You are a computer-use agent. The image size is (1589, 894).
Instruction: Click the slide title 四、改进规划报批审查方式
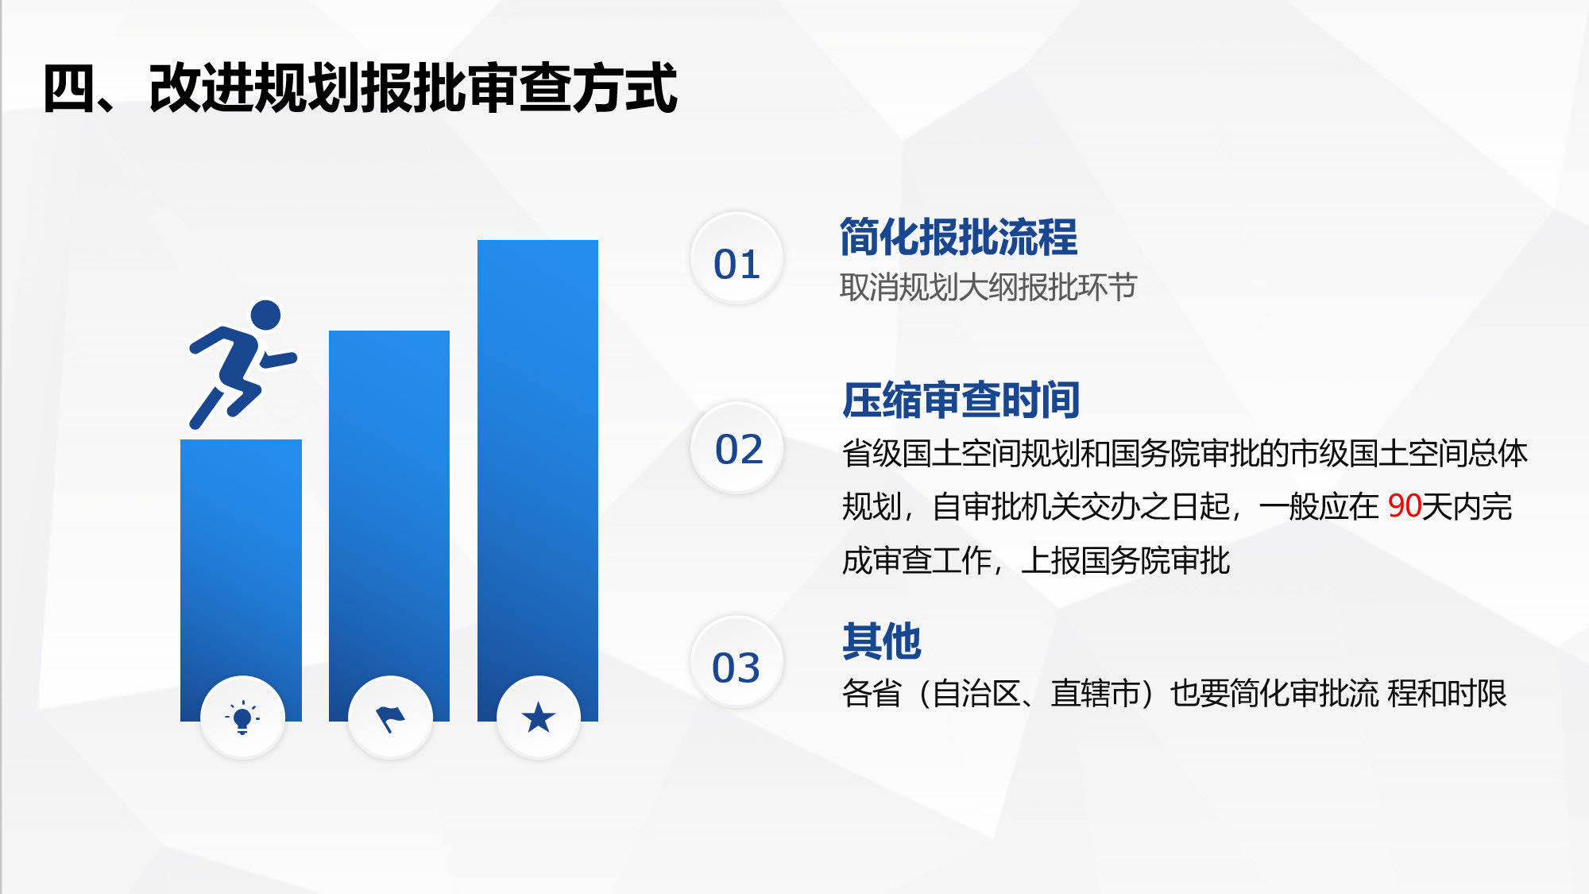[360, 88]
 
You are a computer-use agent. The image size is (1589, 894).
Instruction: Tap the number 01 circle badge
[737, 258]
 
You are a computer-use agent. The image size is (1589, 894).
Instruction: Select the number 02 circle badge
[737, 447]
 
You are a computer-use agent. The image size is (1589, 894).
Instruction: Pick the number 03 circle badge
[737, 662]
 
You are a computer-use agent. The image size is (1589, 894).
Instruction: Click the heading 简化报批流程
[959, 237]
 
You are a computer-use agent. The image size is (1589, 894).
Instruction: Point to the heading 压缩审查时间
[961, 400]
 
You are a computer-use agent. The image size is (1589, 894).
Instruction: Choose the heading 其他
[882, 641]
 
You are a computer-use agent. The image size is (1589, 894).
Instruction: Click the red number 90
[1404, 506]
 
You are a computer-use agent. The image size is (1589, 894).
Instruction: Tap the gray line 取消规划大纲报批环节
[988, 287]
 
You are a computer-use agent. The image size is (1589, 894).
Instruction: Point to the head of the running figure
[266, 315]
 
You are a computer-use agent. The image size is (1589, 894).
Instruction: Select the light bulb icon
[242, 718]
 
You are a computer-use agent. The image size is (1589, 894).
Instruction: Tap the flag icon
[390, 718]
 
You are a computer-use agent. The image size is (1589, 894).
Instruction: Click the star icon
[539, 718]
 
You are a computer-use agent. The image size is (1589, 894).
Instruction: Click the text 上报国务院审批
[1126, 561]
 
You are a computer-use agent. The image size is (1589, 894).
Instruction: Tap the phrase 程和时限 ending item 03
[1447, 694]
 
